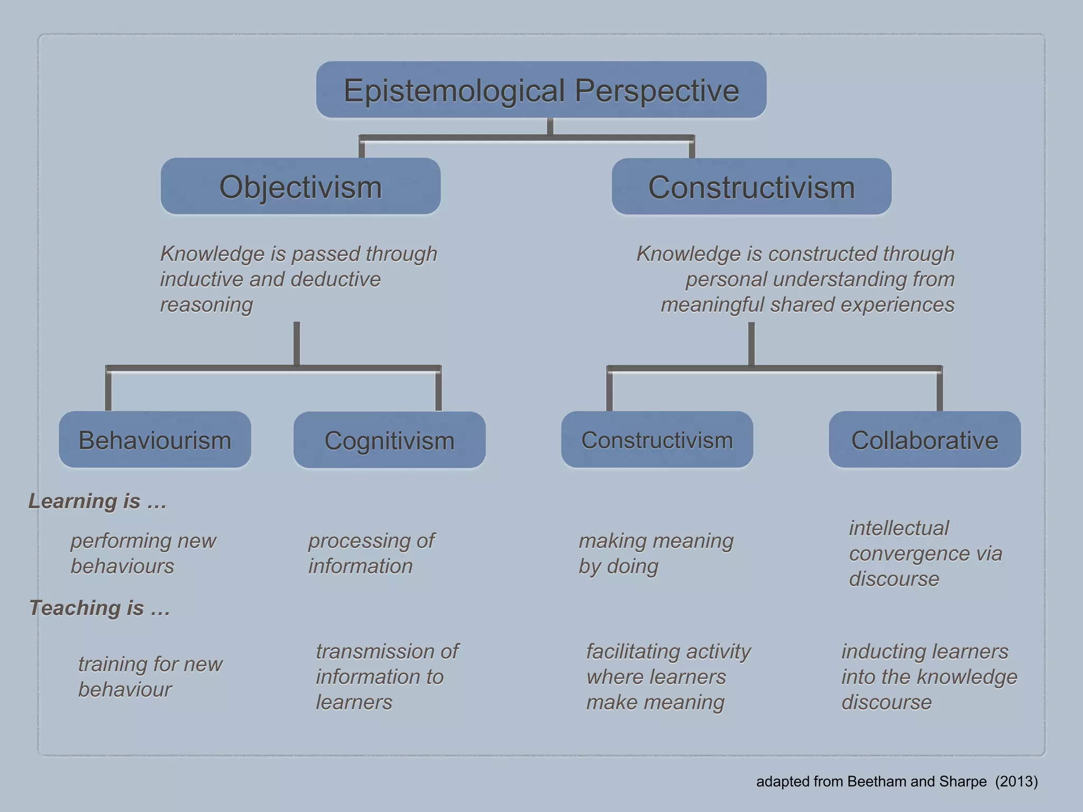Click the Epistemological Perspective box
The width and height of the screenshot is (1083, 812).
coord(541,90)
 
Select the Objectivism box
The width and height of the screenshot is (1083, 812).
coord(300,187)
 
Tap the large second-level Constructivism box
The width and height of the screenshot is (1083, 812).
coord(751,187)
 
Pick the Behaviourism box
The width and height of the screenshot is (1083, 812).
coord(155,440)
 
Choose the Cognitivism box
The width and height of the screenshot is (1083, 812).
coord(389,440)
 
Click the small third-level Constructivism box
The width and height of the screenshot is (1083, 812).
coord(657,440)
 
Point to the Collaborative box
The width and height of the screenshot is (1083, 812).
coord(924,440)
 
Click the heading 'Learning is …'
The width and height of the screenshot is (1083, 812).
coord(97,501)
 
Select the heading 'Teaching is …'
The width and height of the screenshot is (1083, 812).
coord(99,608)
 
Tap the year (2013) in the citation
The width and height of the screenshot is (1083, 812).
coord(1016,781)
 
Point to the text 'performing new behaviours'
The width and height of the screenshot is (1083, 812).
coord(143,553)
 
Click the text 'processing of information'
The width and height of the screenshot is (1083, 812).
coord(371,553)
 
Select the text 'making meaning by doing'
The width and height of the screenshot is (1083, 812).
coord(656,553)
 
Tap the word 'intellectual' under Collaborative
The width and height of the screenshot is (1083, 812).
coord(899,528)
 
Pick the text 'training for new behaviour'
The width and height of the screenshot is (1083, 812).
coord(150,677)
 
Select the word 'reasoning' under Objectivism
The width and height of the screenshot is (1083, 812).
coord(207,305)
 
